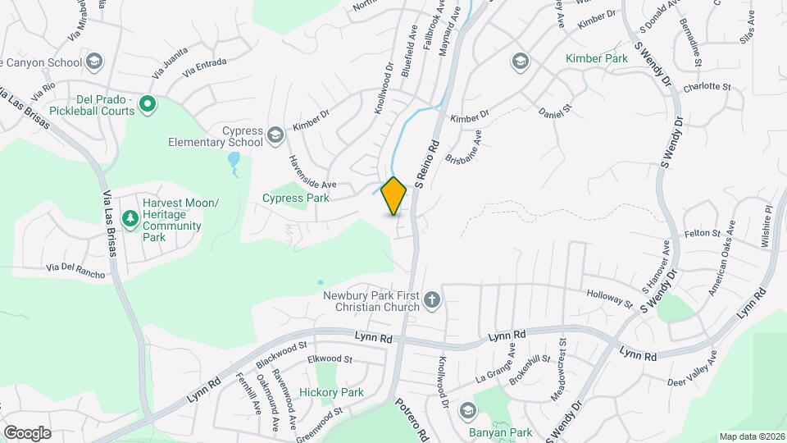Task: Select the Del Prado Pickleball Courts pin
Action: [148, 103]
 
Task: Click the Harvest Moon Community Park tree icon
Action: [129, 217]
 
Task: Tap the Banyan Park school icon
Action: [467, 410]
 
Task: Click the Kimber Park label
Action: [596, 58]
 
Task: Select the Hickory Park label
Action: [331, 392]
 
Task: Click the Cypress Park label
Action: [295, 198]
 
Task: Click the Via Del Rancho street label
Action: [76, 270]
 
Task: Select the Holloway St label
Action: [611, 299]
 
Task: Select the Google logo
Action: [27, 432]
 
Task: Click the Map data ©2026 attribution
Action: [751, 436]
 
